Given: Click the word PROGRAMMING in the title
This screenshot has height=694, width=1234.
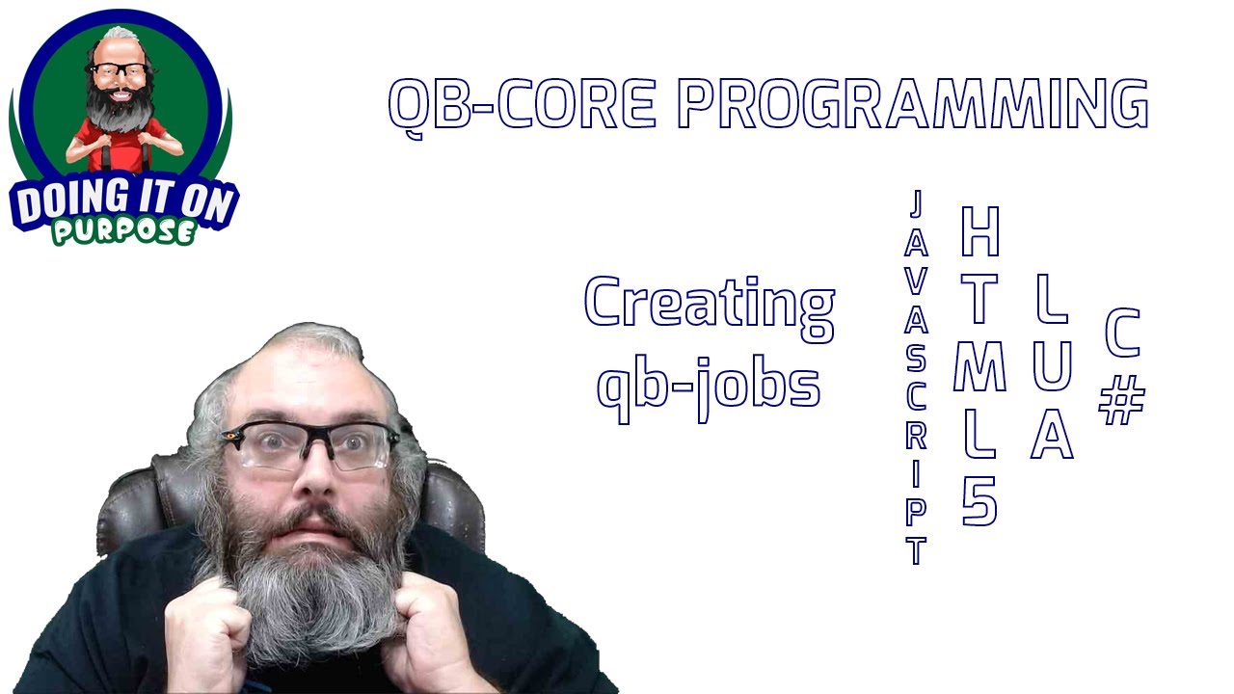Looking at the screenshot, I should (x=912, y=103).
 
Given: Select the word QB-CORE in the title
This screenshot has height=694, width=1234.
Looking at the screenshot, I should (x=522, y=103).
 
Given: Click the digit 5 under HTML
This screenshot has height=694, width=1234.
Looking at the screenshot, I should (x=979, y=502).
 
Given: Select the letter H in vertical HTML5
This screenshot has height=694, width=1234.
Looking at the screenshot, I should (x=979, y=232).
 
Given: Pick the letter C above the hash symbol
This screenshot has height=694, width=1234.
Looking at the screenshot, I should (x=1122, y=334).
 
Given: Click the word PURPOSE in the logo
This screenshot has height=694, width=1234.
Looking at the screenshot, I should (x=123, y=232).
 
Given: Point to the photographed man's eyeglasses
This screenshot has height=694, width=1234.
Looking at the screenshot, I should (x=308, y=445).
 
